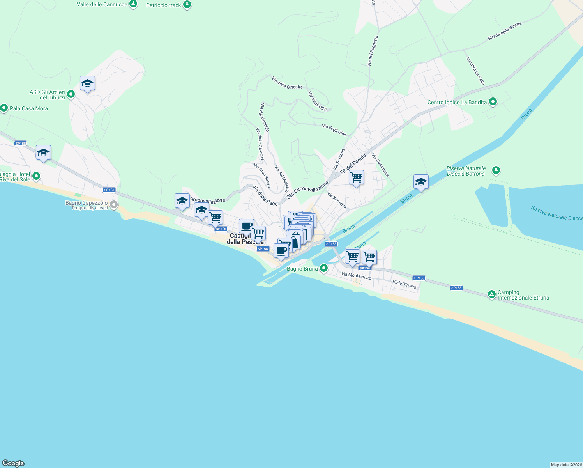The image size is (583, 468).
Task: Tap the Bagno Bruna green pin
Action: [323, 268]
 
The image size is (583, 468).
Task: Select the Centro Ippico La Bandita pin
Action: [493, 102]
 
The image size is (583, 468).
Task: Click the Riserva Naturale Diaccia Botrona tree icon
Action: [496, 170]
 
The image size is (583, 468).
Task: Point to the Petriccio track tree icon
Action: [187, 5]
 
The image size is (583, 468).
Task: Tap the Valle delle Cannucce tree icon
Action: [133, 4]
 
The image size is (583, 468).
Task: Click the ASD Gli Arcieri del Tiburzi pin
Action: [71, 94]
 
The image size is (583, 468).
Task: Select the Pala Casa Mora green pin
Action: [4, 108]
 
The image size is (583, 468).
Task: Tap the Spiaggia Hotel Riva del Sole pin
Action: [36, 176]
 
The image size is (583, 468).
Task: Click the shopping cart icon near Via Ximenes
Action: [356, 178]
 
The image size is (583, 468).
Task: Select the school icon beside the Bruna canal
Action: [421, 182]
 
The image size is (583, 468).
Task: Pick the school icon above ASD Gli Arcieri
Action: [87, 83]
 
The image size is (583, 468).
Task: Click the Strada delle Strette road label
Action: [505, 31]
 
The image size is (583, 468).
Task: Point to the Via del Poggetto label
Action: [373, 51]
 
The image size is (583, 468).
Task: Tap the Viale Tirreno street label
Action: [405, 284]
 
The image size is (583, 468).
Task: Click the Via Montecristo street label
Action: [356, 276]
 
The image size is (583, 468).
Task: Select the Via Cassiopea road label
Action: [380, 165]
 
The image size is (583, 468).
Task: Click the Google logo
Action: [13, 463]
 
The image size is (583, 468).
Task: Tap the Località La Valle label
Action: [475, 71]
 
